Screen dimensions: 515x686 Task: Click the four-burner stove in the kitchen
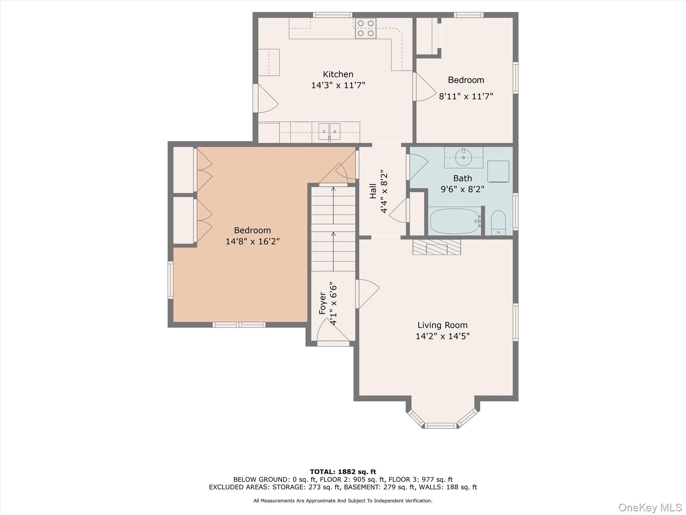365,28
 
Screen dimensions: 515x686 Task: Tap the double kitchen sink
329,131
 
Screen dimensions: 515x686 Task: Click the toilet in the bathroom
498,222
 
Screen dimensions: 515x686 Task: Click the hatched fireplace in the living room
436,247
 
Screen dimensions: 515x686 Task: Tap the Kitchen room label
338,74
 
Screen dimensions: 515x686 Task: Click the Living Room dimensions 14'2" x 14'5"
442,336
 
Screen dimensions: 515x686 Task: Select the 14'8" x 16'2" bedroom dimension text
252,241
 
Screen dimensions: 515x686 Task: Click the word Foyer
322,303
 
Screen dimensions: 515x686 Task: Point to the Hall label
373,191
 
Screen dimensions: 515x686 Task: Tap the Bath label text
462,178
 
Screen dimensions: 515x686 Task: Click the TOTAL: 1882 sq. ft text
343,472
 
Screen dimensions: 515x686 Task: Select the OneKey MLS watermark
650,507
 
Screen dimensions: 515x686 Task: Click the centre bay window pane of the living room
441,425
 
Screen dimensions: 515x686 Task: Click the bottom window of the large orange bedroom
239,325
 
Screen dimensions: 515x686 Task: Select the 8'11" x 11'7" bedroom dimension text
466,97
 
